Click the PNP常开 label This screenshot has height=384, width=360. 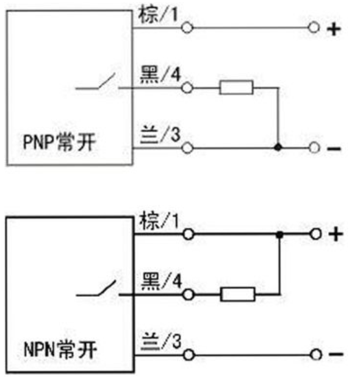coord(59,142)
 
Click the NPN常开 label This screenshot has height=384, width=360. coord(60,350)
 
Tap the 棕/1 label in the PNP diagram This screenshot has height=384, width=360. coord(158,15)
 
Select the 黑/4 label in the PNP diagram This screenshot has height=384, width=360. coord(160,74)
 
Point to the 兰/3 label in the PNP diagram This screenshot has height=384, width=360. coord(160,134)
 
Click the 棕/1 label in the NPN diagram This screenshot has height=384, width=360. coord(159,221)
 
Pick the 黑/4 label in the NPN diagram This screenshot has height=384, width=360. coord(162,281)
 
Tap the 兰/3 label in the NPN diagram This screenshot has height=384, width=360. coord(162,341)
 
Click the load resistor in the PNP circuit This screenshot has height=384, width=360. coord(236,87)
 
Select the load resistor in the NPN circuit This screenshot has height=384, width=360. coord(237,294)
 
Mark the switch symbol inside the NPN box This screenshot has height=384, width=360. coord(99,290)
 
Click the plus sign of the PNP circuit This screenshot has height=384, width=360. coord(334,29)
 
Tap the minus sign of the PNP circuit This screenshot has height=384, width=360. coord(334,148)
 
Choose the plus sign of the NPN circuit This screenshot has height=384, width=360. coord(336,234)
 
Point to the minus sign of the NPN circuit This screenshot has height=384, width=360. coord(336,354)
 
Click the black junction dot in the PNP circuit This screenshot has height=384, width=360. coord(278,148)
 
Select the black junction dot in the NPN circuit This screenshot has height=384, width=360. coord(279,235)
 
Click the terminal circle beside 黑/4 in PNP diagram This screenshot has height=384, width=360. coord(187,88)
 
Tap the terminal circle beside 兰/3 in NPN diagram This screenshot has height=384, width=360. coord(189,355)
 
